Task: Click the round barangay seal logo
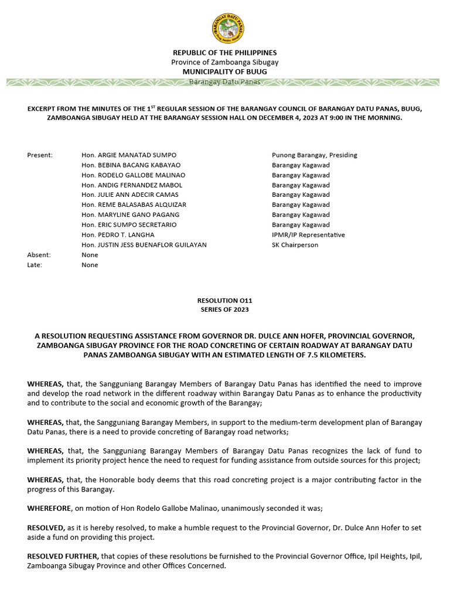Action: [x=228, y=28]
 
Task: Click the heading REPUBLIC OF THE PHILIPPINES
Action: [x=224, y=53]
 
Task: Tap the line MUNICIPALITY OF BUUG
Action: [x=224, y=71]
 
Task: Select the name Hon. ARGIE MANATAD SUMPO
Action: [x=129, y=155]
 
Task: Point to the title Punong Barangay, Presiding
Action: [x=314, y=155]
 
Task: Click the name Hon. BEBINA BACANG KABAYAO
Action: [x=131, y=165]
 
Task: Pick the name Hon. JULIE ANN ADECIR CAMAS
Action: [x=130, y=195]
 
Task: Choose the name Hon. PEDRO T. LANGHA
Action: [x=118, y=234]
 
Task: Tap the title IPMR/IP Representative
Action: [x=308, y=234]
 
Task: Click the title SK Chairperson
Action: [x=295, y=244]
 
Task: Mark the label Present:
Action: [x=40, y=155]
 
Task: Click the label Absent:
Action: [x=39, y=255]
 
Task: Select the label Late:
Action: [x=35, y=265]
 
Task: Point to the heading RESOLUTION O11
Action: [x=224, y=300]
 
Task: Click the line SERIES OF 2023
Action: [x=224, y=309]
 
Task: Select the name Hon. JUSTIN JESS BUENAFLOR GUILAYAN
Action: [x=144, y=244]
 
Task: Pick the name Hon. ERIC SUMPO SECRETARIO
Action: [x=129, y=224]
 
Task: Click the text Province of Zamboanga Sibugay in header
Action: [x=224, y=62]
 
